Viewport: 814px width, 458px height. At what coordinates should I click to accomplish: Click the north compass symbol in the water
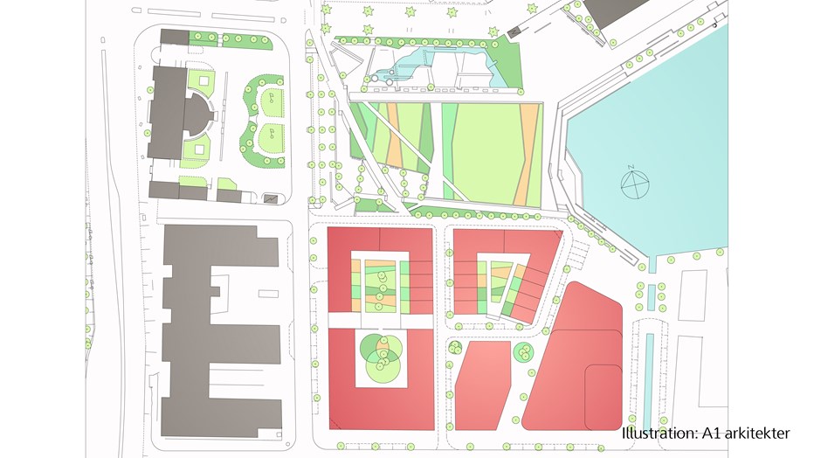pos(636,182)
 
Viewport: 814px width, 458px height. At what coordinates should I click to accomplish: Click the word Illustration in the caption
pos(659,434)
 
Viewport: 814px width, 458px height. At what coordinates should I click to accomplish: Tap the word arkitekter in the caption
pos(756,434)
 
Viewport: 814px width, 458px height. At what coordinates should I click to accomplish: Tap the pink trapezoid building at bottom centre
pos(481,384)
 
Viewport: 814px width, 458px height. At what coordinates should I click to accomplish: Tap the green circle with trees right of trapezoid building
pos(524,354)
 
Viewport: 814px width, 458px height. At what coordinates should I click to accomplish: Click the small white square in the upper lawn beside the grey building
pos(205,81)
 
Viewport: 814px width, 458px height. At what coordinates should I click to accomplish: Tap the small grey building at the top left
pos(175,36)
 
